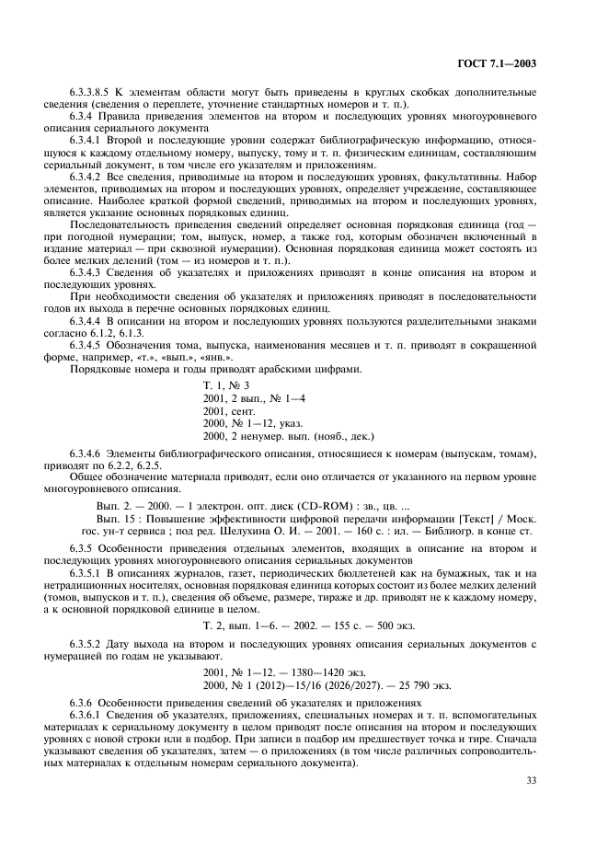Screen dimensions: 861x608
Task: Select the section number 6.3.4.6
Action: (86, 454)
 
